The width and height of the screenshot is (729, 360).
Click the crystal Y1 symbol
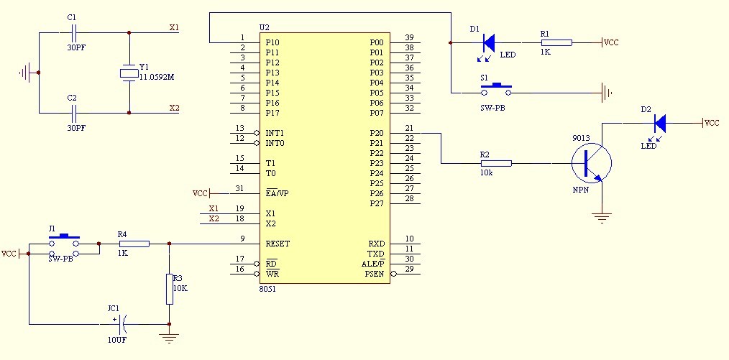[x=129, y=73]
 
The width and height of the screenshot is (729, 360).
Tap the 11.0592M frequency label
[x=157, y=77]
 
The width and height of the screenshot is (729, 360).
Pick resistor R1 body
[x=556, y=42]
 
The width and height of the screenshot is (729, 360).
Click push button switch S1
[x=496, y=90]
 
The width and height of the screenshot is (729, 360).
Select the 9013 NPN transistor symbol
[x=592, y=163]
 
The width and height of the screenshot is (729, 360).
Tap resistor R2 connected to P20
[x=496, y=163]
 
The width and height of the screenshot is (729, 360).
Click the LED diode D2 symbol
[x=660, y=123]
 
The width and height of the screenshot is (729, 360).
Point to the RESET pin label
[x=277, y=244]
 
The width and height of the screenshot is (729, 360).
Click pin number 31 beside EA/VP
[x=240, y=188]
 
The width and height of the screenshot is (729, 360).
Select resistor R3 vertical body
[x=170, y=289]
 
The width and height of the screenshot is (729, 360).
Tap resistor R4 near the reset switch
[x=134, y=244]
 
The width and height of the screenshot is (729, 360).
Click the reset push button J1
[x=65, y=244]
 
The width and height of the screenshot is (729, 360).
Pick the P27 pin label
[x=377, y=203]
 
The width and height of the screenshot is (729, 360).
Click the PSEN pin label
[x=375, y=274]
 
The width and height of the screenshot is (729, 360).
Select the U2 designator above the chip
[x=264, y=27]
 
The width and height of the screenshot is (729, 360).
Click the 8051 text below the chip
[x=267, y=288]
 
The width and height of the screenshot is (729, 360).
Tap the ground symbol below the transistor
[x=602, y=218]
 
